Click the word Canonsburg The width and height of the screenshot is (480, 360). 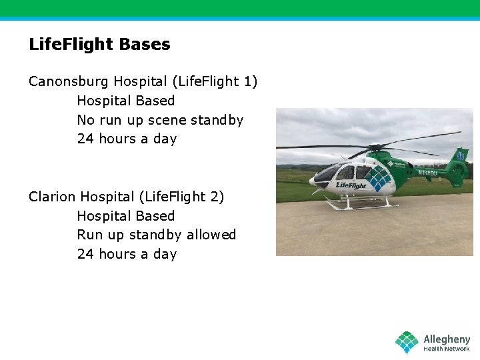69,81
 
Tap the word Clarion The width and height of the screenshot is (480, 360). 52,197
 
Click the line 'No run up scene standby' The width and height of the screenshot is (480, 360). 160,120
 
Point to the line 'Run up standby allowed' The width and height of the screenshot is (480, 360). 156,235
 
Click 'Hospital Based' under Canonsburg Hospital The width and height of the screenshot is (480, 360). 125,101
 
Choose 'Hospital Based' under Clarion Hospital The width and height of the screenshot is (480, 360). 125,216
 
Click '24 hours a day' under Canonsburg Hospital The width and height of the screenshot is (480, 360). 127,139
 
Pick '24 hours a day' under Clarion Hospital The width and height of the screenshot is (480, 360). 127,254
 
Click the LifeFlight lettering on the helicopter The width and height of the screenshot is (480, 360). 351,185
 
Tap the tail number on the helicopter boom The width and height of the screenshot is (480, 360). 427,173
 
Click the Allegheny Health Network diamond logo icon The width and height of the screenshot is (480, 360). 407,342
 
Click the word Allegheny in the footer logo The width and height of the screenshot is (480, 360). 447,339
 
